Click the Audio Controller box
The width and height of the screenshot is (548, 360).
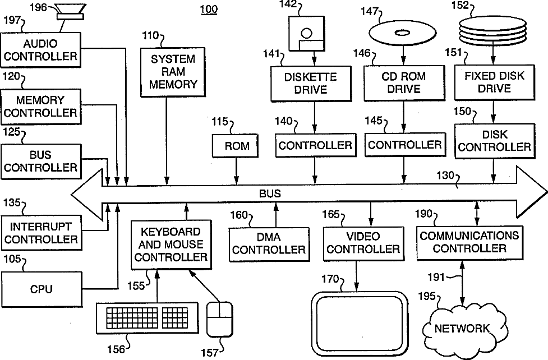click(x=40, y=50)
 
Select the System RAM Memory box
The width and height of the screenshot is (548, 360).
click(x=169, y=72)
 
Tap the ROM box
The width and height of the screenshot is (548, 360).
click(x=236, y=146)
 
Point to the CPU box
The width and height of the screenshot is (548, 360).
click(x=41, y=289)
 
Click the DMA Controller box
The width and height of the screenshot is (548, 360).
click(x=269, y=243)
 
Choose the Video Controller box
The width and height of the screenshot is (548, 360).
click(x=363, y=243)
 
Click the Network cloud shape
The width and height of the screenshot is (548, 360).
click(x=462, y=327)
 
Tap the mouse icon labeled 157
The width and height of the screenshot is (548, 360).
click(x=219, y=320)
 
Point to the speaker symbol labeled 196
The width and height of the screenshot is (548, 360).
click(x=70, y=11)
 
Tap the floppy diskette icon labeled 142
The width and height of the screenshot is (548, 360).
click(x=306, y=34)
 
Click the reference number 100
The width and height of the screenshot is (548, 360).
click(x=208, y=10)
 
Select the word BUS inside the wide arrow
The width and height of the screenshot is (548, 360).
click(x=270, y=193)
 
